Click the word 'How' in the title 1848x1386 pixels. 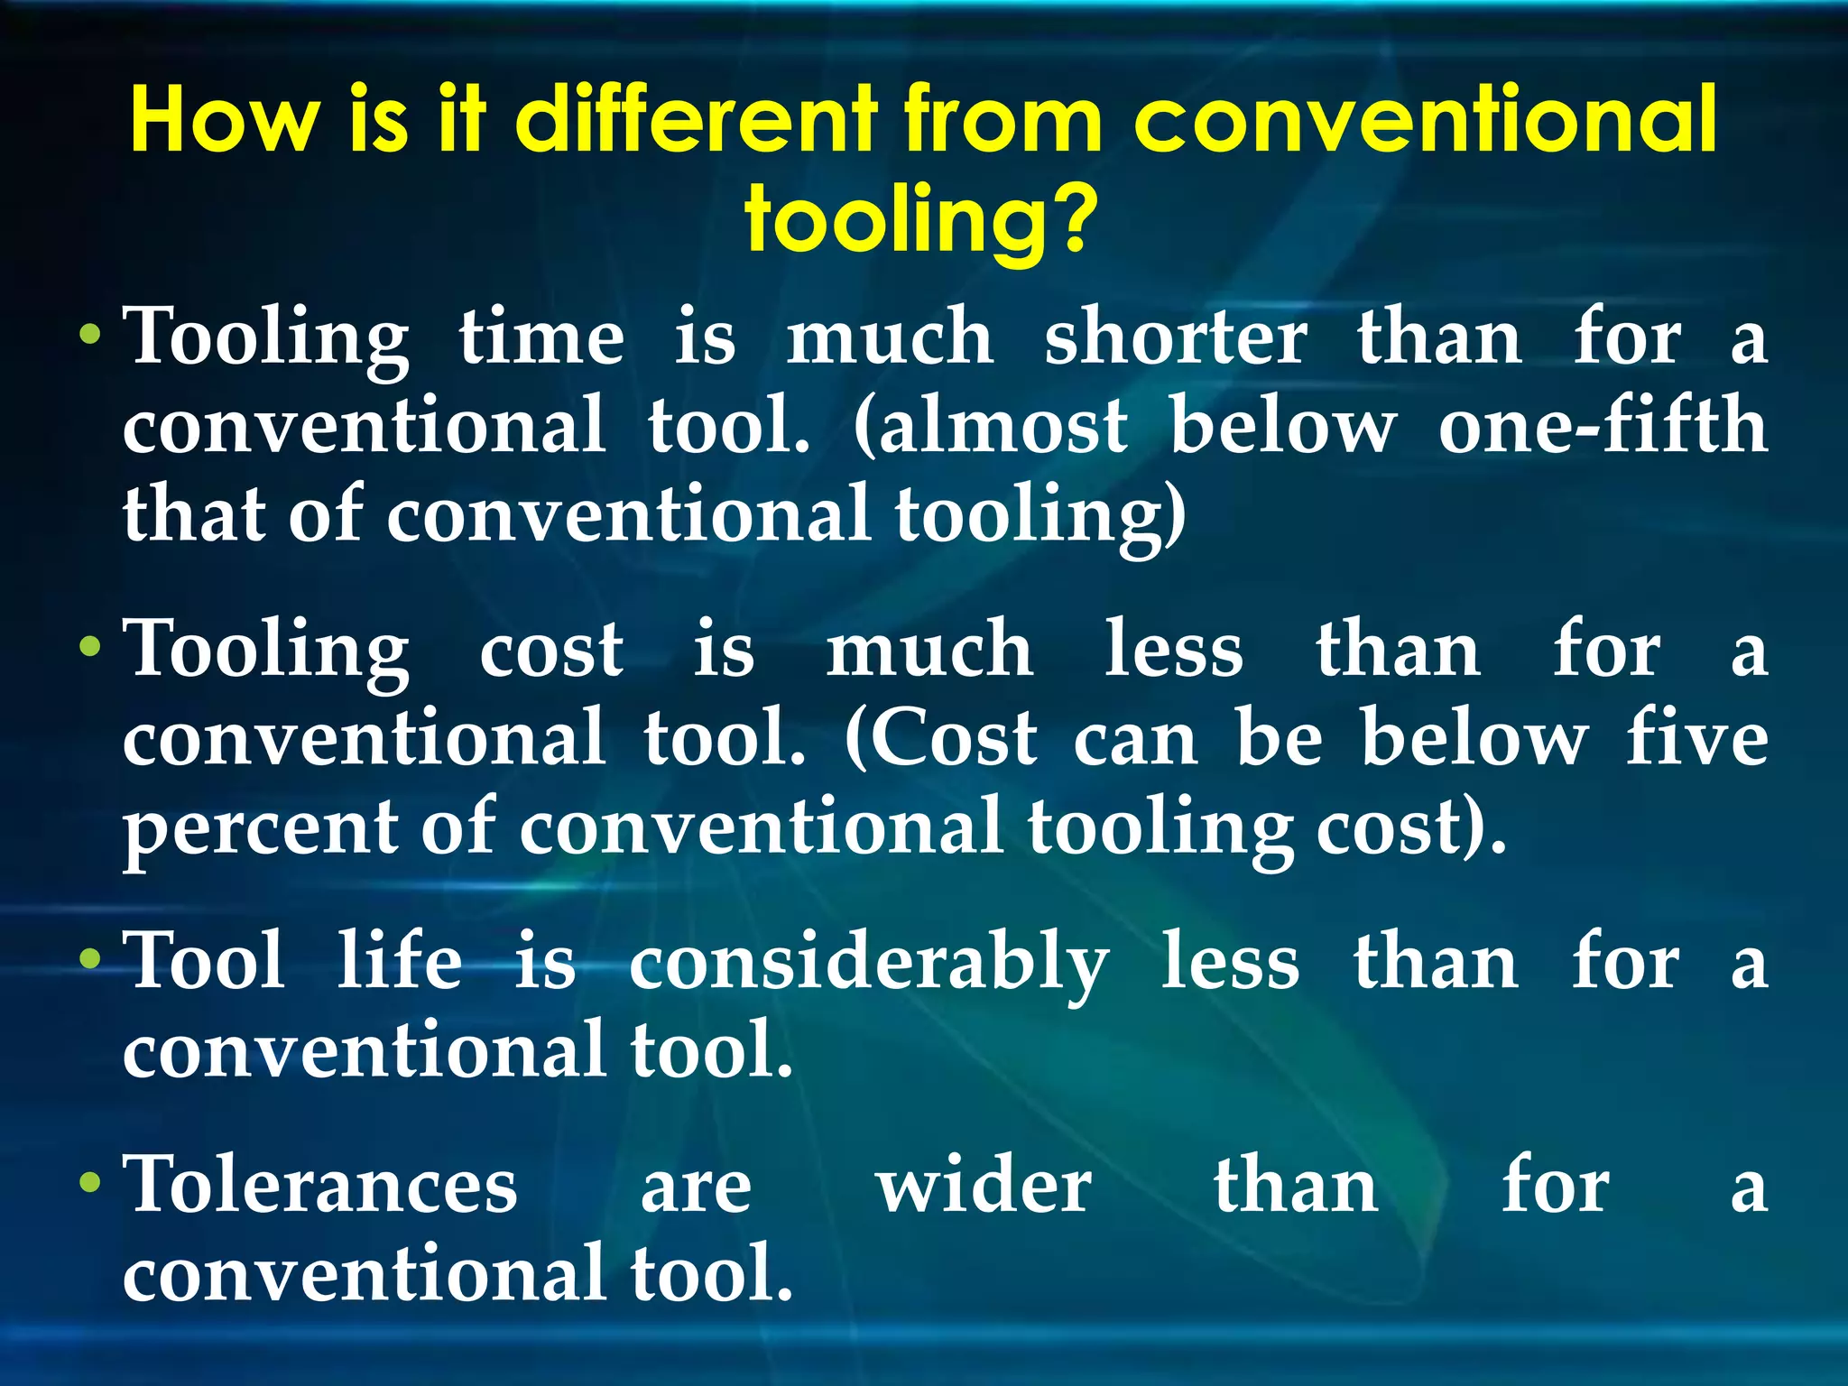pyautogui.click(x=225, y=119)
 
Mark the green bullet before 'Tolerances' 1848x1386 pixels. pyautogui.click(x=89, y=1183)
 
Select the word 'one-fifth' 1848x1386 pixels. pyautogui.click(x=1603, y=426)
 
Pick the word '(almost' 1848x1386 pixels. pyautogui.click(x=990, y=426)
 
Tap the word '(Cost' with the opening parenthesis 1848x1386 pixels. pyautogui.click(x=941, y=738)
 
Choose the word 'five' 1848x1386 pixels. pyautogui.click(x=1696, y=738)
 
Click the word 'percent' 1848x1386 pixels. pyautogui.click(x=261, y=828)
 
